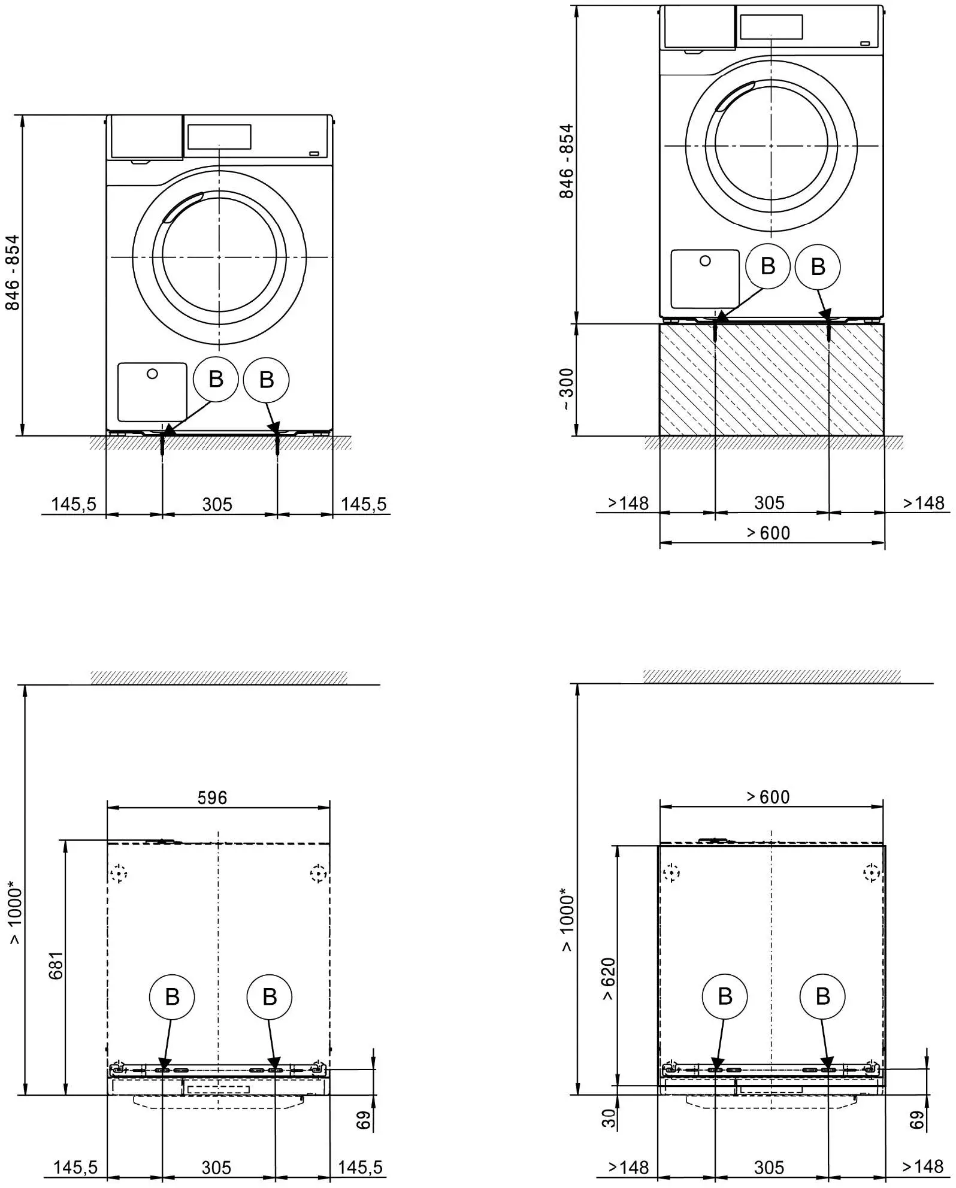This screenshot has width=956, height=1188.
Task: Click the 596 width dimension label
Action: (x=212, y=798)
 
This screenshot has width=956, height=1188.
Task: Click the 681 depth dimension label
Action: (x=55, y=965)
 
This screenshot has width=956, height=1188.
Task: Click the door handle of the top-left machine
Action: (x=181, y=206)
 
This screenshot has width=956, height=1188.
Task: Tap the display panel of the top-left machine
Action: (x=219, y=137)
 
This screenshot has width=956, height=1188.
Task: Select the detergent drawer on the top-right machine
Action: (x=697, y=28)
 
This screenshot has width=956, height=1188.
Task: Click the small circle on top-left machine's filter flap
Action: (x=152, y=374)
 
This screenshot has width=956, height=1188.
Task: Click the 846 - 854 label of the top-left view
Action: (x=13, y=272)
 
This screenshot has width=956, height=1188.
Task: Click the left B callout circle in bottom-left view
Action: (x=172, y=997)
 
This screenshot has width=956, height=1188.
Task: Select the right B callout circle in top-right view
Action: (x=818, y=267)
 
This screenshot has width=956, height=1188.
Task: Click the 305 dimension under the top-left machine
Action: (x=217, y=505)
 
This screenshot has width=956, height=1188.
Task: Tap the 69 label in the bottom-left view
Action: (x=364, y=1119)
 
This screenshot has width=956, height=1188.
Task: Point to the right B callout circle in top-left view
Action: (x=267, y=380)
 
